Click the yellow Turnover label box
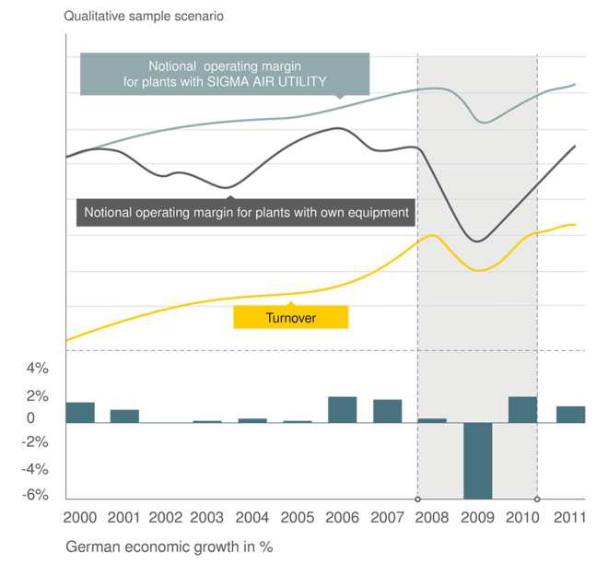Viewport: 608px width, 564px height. pos(290,316)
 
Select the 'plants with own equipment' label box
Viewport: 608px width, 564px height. pos(246,212)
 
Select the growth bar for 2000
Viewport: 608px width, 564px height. pos(80,412)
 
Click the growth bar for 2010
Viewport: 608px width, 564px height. pos(522,409)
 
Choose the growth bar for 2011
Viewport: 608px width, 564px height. pos(570,414)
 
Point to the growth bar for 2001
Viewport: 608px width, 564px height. pos(124,416)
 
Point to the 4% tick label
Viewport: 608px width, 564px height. pos(36,370)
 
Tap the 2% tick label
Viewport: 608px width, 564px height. pos(36,396)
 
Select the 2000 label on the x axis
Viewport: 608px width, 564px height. pos(80,516)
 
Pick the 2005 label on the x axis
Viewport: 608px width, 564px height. pos(298,516)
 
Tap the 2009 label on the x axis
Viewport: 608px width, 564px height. pos(477,516)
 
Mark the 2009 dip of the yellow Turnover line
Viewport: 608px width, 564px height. pos(478,270)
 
